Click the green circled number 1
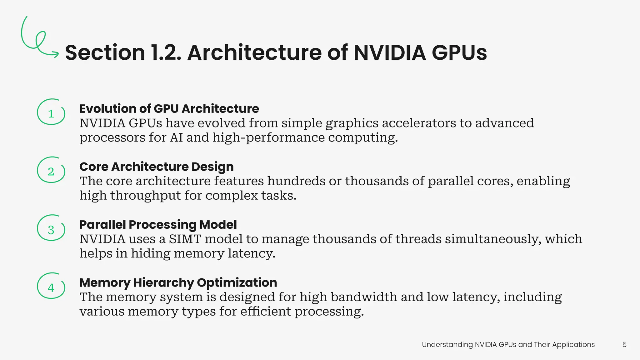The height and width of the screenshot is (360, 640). click(x=51, y=112)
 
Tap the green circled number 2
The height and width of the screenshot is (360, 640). click(x=51, y=171)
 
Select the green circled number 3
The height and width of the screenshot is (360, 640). click(x=51, y=229)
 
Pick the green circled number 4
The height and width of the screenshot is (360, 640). click(x=51, y=287)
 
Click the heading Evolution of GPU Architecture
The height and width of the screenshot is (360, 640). click(x=169, y=109)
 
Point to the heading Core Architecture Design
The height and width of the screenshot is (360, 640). click(x=156, y=167)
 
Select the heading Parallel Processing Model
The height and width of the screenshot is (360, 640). click(x=158, y=225)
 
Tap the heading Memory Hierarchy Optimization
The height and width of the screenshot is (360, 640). click(x=178, y=282)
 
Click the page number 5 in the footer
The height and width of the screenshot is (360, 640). click(x=624, y=344)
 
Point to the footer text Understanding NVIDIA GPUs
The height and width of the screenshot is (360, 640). click(x=508, y=344)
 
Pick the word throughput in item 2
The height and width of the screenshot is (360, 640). click(x=145, y=196)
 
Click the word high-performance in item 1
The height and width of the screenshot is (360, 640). click(x=269, y=137)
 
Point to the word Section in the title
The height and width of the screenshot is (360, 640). click(x=105, y=52)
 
